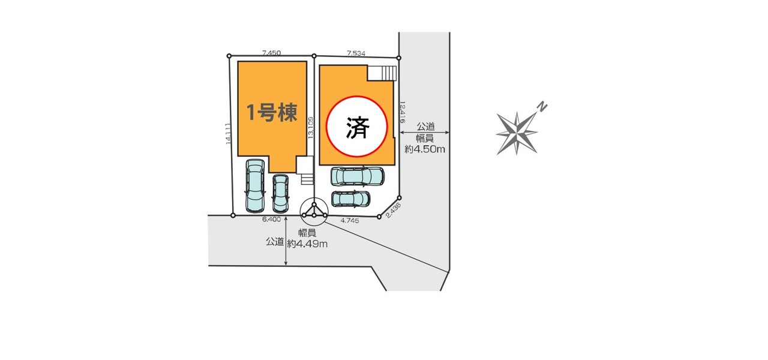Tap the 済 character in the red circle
pyautogui.click(x=357, y=127)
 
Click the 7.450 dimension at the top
pyautogui.click(x=271, y=53)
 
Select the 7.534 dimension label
pyautogui.click(x=356, y=53)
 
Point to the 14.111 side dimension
pyautogui.click(x=228, y=133)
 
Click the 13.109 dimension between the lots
pyautogui.click(x=310, y=128)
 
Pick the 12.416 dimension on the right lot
pyautogui.click(x=403, y=112)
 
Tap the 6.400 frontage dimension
pyautogui.click(x=271, y=220)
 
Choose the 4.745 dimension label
pyautogui.click(x=350, y=221)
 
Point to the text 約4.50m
pyautogui.click(x=425, y=149)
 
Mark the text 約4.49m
pyautogui.click(x=307, y=243)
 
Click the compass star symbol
pyautogui.click(x=517, y=131)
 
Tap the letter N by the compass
pyautogui.click(x=542, y=107)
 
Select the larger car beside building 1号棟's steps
pyautogui.click(x=255, y=185)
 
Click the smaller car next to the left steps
pyautogui.click(x=280, y=193)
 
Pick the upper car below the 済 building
pyautogui.click(x=357, y=176)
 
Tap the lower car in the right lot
pyautogui.click(x=351, y=198)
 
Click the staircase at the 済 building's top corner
pyautogui.click(x=382, y=73)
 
